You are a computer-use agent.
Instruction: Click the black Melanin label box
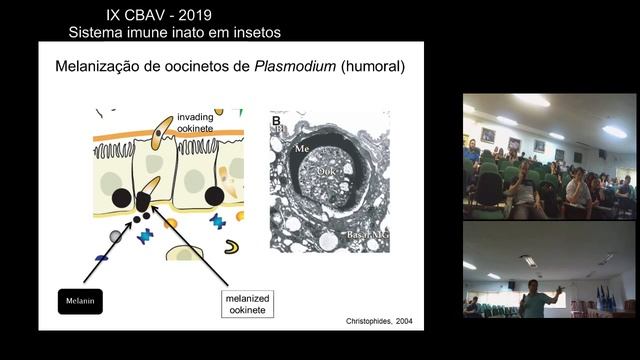80,300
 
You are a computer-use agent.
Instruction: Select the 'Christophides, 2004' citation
370,322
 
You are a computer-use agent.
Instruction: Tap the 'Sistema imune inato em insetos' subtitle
174,32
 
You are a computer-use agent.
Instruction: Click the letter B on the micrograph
276,121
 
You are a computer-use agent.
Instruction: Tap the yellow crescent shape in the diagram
231,246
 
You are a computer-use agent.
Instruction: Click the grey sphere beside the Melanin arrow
116,235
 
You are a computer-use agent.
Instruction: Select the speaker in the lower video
535,300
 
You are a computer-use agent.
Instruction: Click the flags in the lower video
605,298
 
